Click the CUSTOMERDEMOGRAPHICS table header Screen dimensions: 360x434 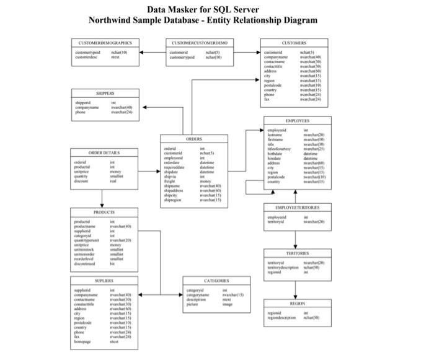[x=105, y=43]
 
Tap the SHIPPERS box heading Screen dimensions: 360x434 [x=105, y=93]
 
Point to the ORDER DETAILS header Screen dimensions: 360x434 [x=104, y=152]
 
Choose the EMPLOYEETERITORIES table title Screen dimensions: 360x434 [x=297, y=207]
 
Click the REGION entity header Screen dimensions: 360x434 [x=297, y=304]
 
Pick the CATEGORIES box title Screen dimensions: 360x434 [x=216, y=281]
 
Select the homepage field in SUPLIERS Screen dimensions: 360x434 [x=82, y=341]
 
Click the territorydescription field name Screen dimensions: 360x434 [x=283, y=267]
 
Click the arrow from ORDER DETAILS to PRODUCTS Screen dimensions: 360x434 [x=102, y=198]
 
